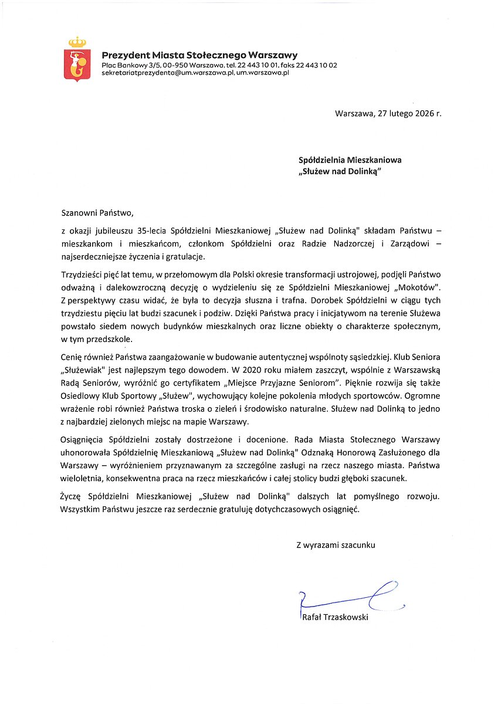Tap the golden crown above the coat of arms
[77, 42]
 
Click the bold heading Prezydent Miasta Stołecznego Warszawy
[199, 55]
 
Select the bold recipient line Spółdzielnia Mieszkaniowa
[350, 159]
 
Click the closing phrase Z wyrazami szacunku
[336, 544]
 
